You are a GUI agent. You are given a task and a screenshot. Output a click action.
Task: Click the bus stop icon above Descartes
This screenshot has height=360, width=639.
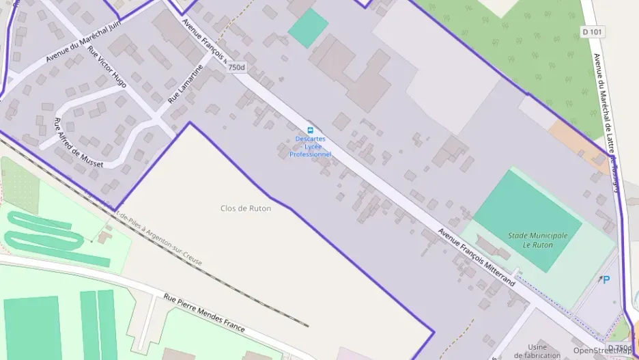click(311, 130)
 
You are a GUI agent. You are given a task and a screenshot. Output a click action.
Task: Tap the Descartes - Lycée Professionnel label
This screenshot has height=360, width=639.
click(310, 146)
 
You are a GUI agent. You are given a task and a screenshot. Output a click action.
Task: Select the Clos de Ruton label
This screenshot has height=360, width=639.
click(246, 208)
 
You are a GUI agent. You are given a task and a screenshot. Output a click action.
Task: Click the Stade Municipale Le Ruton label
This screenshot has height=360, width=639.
click(537, 240)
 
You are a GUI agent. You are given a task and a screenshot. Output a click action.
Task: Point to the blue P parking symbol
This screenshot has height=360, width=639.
click(605, 279)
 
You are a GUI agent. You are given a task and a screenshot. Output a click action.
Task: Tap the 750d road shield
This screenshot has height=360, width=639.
click(236, 68)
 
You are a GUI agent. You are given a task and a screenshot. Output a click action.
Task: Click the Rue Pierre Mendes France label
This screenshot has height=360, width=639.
click(204, 313)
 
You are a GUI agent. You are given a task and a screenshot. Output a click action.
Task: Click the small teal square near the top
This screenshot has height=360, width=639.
click(308, 27)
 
